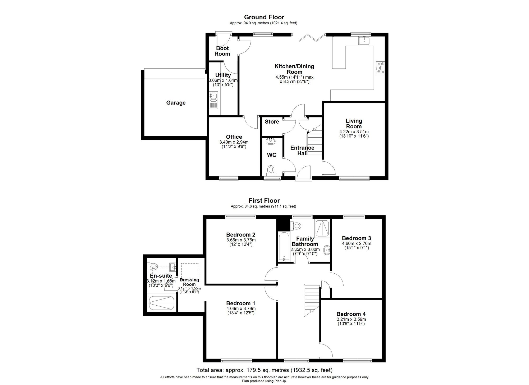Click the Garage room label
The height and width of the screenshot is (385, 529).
[x=176, y=103]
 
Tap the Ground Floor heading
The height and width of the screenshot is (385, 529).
[x=264, y=17]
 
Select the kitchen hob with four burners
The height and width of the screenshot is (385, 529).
[x=380, y=68]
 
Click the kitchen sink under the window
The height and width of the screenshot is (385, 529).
[x=364, y=41]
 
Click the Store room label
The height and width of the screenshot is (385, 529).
[x=272, y=122]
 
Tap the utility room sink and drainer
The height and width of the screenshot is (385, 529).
[x=213, y=100]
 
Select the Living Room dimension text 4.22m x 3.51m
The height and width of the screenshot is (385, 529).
[x=354, y=132]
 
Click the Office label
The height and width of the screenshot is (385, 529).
[x=234, y=137]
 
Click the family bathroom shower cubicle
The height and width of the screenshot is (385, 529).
[x=322, y=228]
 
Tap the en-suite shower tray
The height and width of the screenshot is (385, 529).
[x=162, y=303]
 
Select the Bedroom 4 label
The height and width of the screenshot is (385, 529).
[x=351, y=314]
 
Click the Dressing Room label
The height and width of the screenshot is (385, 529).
[x=189, y=282]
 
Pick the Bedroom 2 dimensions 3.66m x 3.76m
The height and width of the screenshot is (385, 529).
[x=241, y=240]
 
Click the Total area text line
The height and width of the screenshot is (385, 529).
[x=264, y=370]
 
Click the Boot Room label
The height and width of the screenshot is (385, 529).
[x=222, y=51]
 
